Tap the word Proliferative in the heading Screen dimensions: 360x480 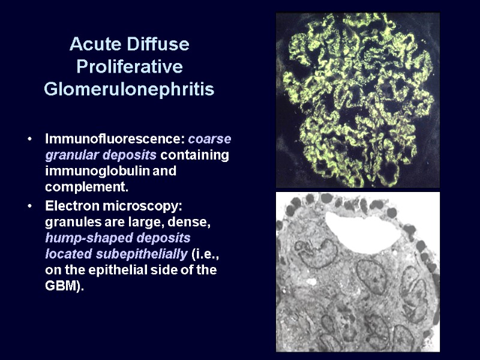[x=130, y=67]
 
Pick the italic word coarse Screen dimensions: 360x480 [x=209, y=139]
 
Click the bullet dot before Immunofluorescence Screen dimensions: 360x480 [x=29, y=140]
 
